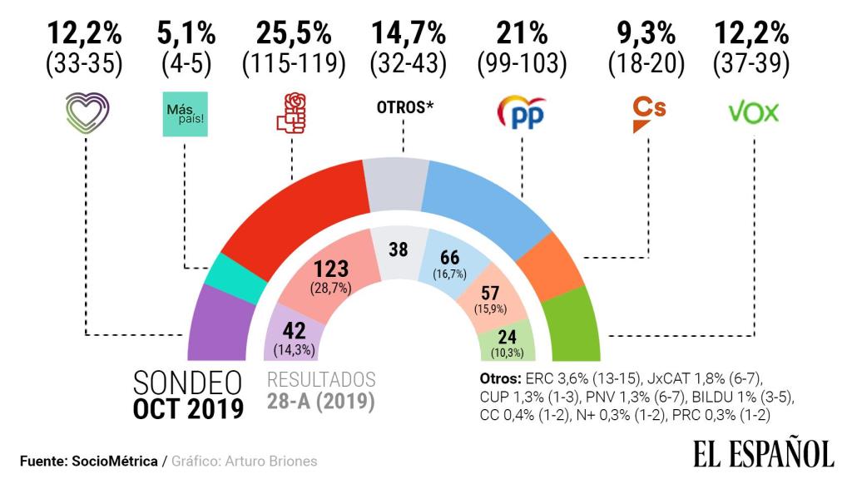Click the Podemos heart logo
pos(86,114)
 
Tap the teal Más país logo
pos(186,115)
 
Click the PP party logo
pos(521,113)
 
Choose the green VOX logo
pos(753,112)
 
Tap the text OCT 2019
pos(188,409)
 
